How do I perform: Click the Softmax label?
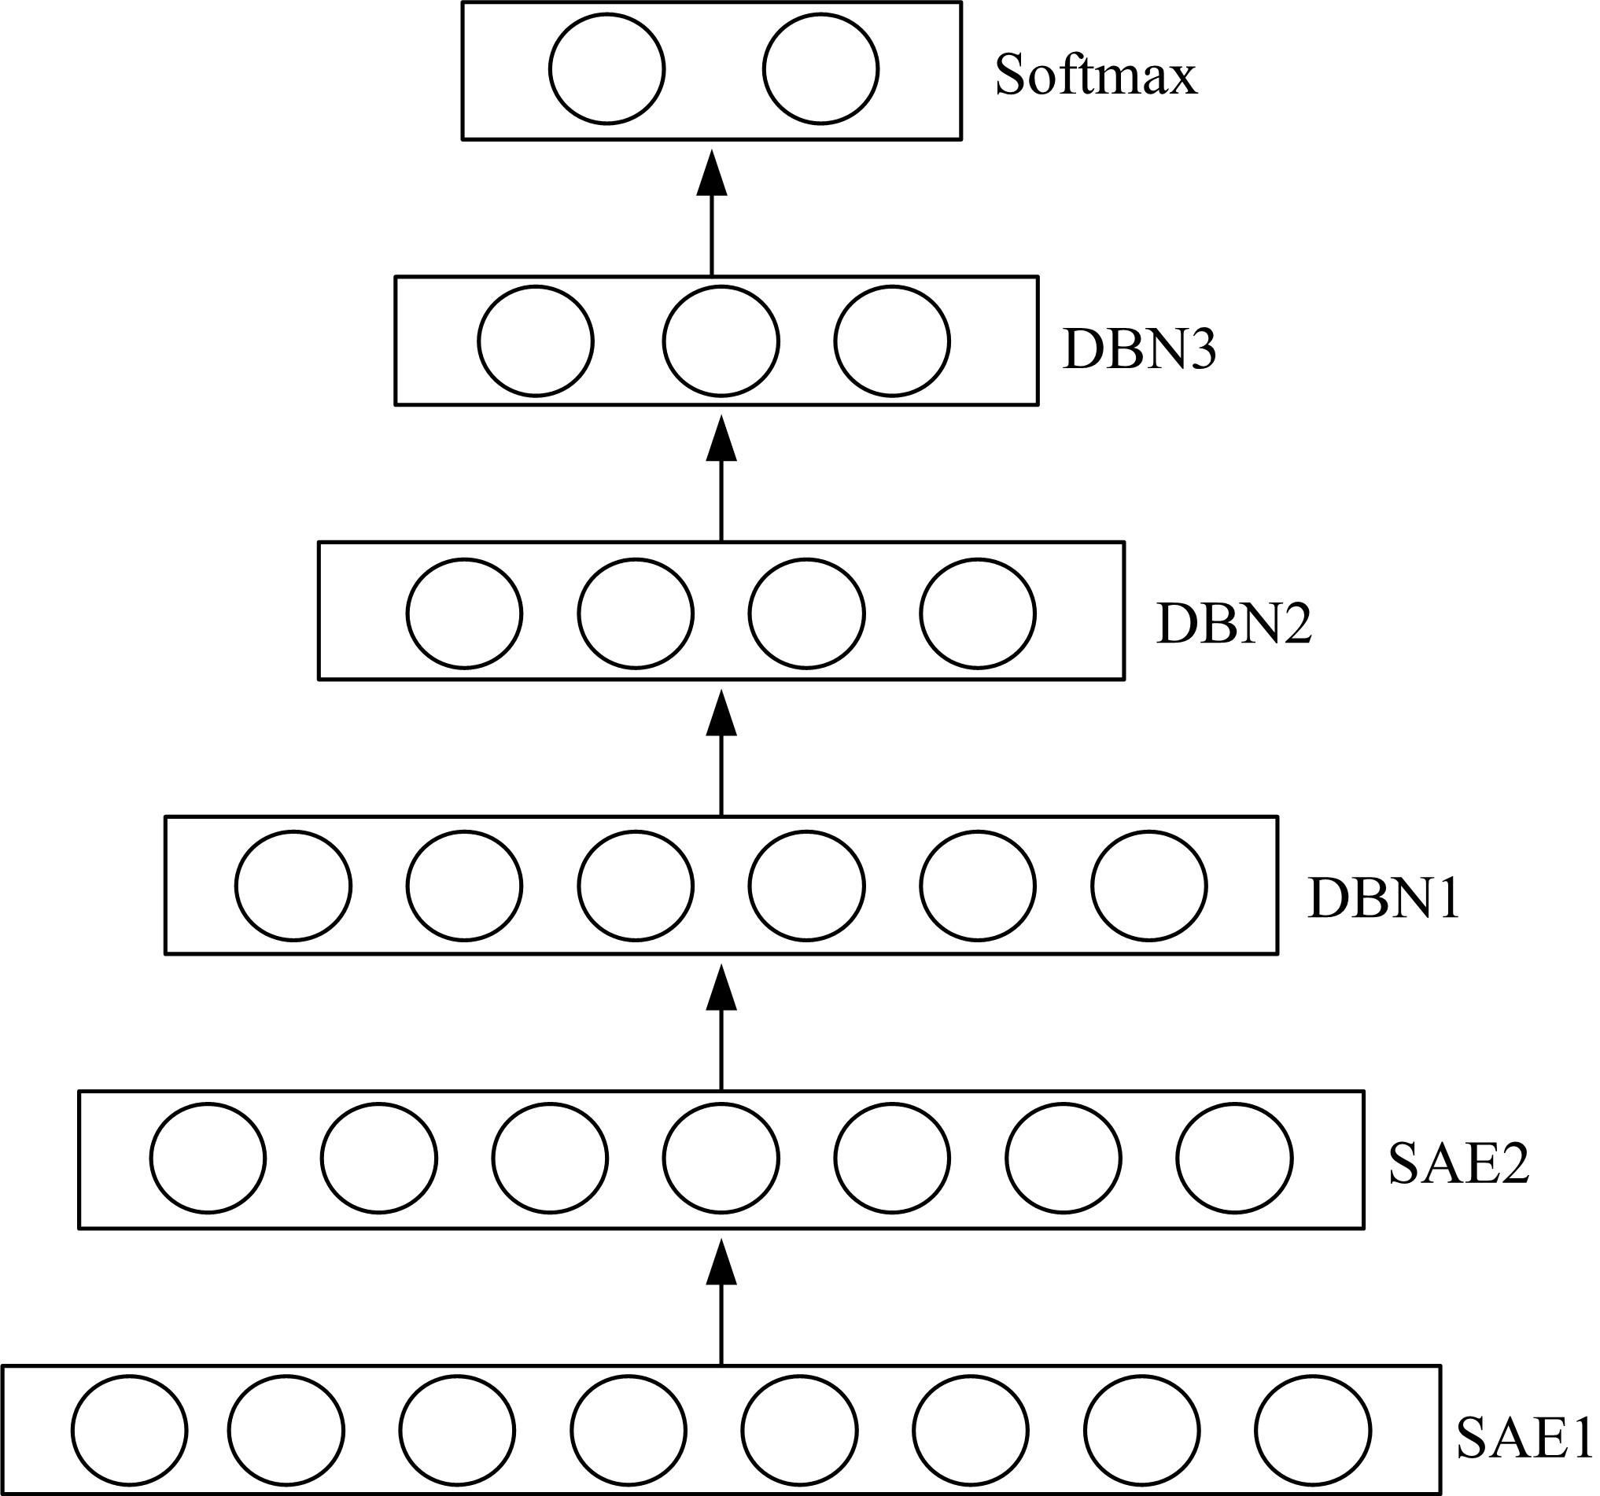coord(1095,76)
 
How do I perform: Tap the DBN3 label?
coord(1138,349)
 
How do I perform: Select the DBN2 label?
coord(1233,623)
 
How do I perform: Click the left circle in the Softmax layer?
coord(606,69)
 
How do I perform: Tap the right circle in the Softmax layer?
coord(821,69)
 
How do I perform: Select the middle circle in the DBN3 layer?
coord(721,341)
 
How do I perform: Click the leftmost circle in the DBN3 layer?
coord(536,341)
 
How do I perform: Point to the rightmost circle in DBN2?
coord(978,614)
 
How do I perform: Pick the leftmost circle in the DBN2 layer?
coord(464,614)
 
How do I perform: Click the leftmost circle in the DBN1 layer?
coord(293,886)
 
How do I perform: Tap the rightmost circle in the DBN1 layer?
coord(1149,886)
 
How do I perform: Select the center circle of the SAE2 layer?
coord(721,1159)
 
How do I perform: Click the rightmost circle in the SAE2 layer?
coord(1234,1159)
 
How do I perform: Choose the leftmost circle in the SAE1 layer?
coord(129,1431)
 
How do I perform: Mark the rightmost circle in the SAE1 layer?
coord(1313,1431)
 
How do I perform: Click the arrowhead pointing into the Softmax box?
coord(711,173)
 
